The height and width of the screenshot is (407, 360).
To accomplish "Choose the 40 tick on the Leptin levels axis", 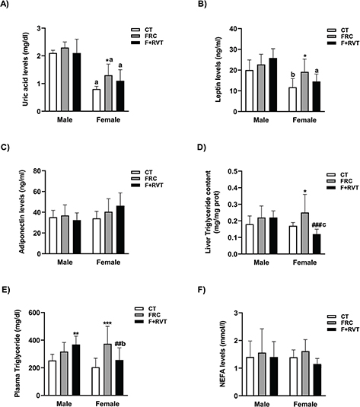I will coord(221,30).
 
